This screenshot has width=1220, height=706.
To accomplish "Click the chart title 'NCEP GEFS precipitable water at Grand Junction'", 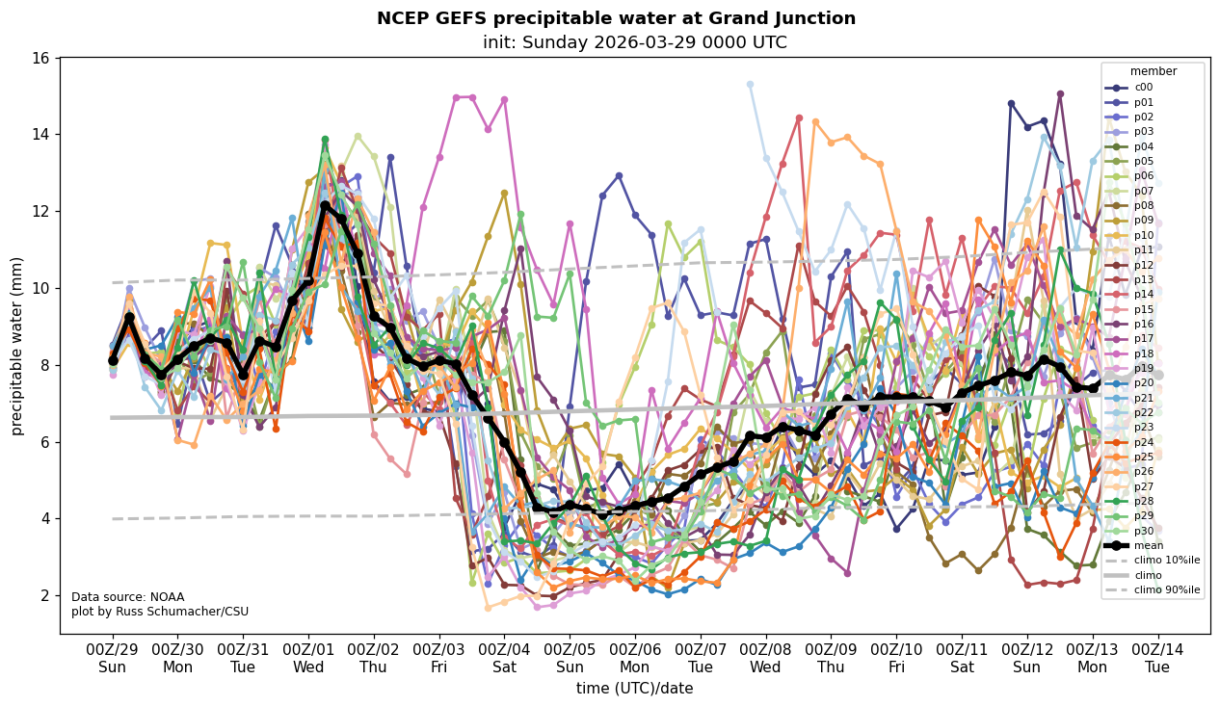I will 616,18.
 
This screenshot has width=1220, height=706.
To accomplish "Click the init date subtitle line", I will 635,42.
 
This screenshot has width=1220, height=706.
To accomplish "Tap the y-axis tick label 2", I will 45,596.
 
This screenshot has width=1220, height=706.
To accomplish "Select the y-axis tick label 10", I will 40,288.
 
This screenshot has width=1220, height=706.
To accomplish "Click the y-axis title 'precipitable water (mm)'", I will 16,345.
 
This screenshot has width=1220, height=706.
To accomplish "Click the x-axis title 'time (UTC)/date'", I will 634,688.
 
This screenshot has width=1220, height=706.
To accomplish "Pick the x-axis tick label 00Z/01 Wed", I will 308,658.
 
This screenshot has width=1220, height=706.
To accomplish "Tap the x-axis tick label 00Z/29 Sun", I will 113,658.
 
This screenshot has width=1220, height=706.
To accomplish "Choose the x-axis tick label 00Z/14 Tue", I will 1157,658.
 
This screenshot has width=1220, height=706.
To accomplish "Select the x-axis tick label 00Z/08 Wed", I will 765,658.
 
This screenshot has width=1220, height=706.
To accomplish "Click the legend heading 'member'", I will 1153,71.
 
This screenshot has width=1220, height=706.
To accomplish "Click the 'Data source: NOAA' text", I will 114,597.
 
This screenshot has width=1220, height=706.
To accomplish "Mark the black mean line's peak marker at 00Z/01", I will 325,205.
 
